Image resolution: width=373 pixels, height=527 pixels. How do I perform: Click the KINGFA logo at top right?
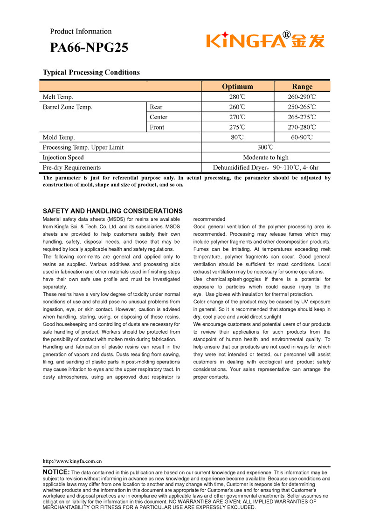coord(265,40)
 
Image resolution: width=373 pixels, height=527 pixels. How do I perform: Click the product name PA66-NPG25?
coord(89,48)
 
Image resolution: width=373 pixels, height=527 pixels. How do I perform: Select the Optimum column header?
coord(237,86)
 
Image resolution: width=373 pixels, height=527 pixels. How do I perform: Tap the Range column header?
coord(302,86)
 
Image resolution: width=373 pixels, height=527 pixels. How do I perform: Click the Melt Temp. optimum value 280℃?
coord(237,97)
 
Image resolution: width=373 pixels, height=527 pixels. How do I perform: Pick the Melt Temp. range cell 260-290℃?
coord(302,97)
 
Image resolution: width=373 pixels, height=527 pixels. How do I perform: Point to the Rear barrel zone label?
coord(156,107)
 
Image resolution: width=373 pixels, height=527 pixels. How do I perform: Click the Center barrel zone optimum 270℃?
coord(237,117)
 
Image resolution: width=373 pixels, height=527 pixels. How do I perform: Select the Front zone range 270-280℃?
coord(302,127)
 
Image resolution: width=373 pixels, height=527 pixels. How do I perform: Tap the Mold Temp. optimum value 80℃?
coord(237,137)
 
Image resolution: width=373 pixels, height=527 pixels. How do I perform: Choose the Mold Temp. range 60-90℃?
coord(302,137)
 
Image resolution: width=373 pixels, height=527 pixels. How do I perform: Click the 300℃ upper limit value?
coord(265,147)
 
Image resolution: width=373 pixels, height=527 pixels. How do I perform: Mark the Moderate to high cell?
coord(265,157)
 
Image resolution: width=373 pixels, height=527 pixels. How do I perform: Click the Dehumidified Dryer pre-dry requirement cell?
coord(265,167)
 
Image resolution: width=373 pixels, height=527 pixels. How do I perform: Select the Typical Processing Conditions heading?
coord(91,72)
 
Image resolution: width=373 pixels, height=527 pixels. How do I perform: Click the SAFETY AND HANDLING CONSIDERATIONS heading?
coord(112,211)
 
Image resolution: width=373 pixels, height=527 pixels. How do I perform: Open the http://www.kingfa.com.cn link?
coord(72,461)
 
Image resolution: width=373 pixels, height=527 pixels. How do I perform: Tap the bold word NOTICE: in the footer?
coord(56,472)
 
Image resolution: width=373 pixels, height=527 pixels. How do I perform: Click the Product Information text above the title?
coord(81,31)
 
